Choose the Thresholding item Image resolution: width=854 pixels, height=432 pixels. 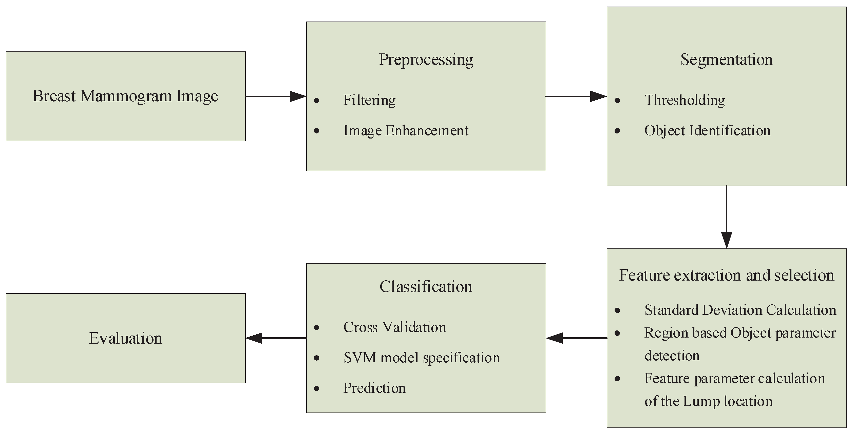685,100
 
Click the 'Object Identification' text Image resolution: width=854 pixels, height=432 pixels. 707,130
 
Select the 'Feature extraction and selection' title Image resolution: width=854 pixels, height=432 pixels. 726,275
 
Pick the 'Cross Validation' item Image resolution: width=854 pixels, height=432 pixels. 394,327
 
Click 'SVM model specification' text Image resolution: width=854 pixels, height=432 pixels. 421,358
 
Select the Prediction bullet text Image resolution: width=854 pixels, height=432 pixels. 374,388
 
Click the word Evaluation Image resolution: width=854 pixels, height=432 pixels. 125,339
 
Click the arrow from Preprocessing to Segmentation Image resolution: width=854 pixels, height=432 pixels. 576,96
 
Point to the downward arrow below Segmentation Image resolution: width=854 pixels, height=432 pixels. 726,217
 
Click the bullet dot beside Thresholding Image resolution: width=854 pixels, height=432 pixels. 617,100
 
